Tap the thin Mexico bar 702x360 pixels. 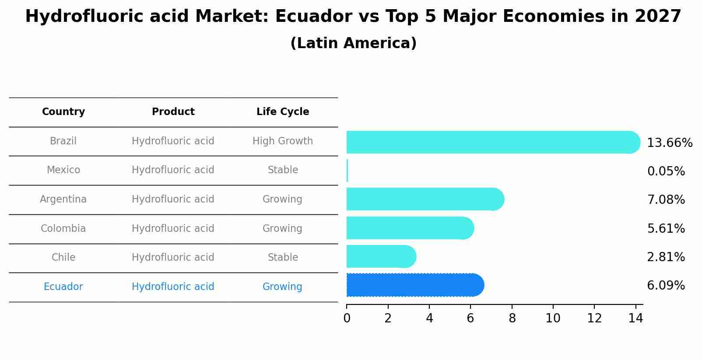click(x=347, y=171)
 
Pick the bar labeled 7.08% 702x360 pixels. click(x=425, y=199)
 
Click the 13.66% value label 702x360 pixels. click(x=669, y=143)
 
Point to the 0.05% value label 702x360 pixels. click(x=666, y=171)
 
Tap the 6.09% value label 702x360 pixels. click(x=666, y=286)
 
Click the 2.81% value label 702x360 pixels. click(x=666, y=257)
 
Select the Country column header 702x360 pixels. click(x=63, y=112)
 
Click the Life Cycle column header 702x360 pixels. click(x=283, y=112)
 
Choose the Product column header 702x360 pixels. click(x=173, y=112)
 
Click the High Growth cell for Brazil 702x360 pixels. click(x=283, y=141)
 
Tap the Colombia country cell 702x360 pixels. click(x=63, y=229)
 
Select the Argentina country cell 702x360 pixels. click(x=63, y=199)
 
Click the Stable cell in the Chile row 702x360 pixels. click(x=283, y=258)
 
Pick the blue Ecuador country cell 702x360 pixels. click(x=63, y=287)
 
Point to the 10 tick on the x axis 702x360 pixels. click(x=553, y=318)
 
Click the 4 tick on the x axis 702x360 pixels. click(x=429, y=318)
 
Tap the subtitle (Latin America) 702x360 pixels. click(x=353, y=43)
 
